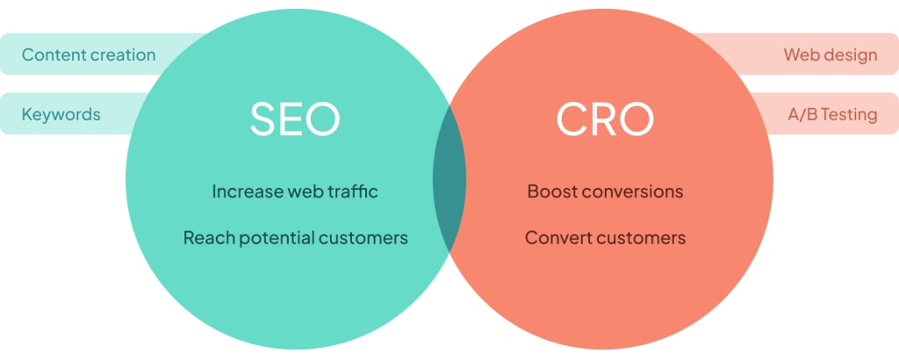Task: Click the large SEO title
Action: tap(295, 119)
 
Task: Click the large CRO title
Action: tap(605, 119)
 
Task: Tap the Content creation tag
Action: tap(88, 54)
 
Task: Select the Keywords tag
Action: tap(61, 114)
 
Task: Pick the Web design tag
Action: tap(830, 54)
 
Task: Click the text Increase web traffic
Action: tap(295, 191)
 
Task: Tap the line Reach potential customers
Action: tap(295, 237)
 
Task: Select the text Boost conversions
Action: tap(605, 191)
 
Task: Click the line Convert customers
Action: tap(605, 237)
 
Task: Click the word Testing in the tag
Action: tap(848, 114)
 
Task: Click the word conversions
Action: tap(631, 191)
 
